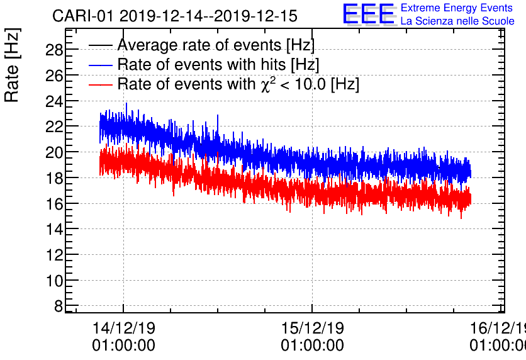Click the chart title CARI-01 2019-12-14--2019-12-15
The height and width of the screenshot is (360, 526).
pos(174,16)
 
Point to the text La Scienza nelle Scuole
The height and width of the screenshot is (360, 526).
pos(457,21)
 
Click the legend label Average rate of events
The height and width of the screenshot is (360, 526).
pos(216,45)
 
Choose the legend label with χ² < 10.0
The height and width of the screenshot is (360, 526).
pos(238,84)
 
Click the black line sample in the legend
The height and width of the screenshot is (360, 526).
pos(101,45)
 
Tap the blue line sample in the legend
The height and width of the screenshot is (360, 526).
pos(101,65)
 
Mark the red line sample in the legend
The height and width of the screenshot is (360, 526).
pos(101,84)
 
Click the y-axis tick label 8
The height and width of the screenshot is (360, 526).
pos(59,307)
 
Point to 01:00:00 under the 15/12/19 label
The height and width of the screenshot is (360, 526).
pos(312,346)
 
